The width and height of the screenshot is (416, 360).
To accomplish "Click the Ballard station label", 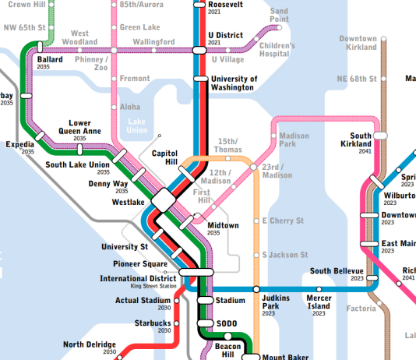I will (x=50, y=58).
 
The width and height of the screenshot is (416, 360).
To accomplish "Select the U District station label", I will (x=225, y=35).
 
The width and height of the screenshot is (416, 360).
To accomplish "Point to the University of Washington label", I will (x=233, y=83).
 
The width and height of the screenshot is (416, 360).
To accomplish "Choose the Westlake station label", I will (x=128, y=202).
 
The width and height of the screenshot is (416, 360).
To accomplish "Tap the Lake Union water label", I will (x=136, y=126).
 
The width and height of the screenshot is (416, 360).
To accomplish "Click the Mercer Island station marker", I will (x=319, y=288).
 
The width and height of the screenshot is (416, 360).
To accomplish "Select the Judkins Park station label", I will (x=277, y=302).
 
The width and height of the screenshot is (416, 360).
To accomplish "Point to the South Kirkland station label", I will (x=356, y=139).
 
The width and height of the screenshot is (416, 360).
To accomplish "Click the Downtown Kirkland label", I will (x=358, y=43).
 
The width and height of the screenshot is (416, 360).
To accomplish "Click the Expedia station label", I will (x=19, y=144).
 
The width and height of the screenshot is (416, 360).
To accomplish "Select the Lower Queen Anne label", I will (x=79, y=128).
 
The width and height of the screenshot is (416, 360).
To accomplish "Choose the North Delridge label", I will (x=90, y=344).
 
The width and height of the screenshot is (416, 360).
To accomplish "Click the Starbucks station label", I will (x=152, y=322).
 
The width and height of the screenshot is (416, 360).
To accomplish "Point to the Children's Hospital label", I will (x=277, y=50).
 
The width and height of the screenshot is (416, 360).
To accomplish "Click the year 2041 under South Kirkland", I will (x=365, y=151).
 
